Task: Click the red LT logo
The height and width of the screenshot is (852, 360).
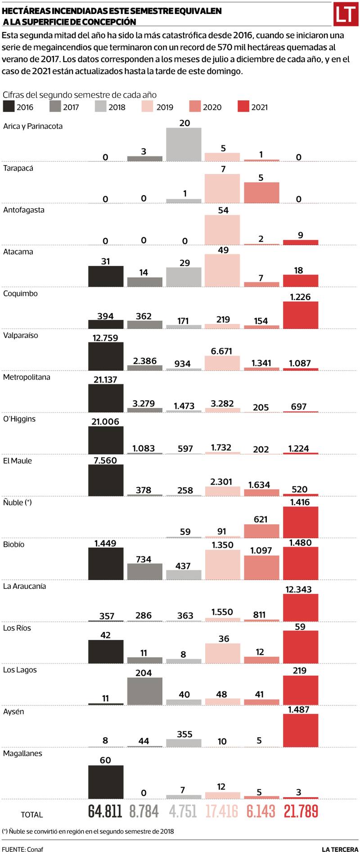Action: pos(346,14)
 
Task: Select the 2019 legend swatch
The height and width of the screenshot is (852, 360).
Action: pos(148,107)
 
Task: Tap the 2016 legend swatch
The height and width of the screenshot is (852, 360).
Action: pos(9,107)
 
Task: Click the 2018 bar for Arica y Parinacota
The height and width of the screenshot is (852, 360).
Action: pos(184,144)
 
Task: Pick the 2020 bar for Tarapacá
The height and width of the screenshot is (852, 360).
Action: pos(261,193)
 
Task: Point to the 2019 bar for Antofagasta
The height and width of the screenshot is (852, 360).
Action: pos(222,230)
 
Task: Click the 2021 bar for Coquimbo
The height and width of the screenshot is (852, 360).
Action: pos(301,315)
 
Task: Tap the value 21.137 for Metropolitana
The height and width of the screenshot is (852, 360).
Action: pos(105,380)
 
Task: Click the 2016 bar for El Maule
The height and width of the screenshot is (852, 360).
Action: pos(106,480)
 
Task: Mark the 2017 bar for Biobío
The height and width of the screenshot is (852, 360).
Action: pos(144,571)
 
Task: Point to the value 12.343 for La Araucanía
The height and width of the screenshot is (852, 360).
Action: pos(299,589)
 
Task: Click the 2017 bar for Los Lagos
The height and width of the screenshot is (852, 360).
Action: pos(144,691)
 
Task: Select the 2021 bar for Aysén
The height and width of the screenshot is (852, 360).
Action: pos(301,731)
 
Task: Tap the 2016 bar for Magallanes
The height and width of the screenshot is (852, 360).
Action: pos(106,782)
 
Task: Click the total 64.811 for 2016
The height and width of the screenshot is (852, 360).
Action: pos(105,811)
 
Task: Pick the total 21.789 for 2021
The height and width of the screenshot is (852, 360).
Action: pos(301,811)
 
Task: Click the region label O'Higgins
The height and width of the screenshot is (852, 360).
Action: pos(19,419)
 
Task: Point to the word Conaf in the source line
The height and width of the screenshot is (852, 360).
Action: pos(35,846)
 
